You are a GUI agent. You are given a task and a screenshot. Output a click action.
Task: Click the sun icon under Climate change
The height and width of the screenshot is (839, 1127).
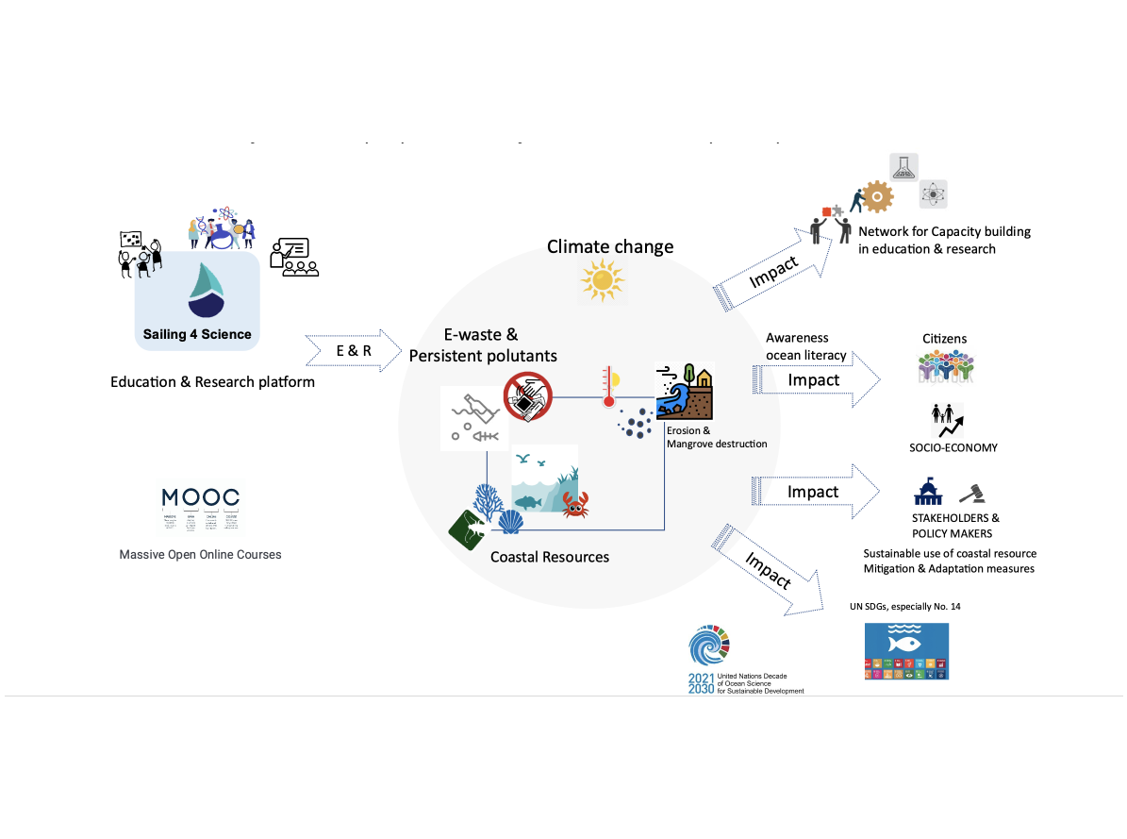point(603,280)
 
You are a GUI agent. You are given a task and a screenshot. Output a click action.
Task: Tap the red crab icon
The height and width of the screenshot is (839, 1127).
point(574,505)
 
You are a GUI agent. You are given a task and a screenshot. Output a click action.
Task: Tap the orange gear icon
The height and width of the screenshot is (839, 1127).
point(877,197)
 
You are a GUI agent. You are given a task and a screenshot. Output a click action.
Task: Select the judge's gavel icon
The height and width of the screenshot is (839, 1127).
point(971,493)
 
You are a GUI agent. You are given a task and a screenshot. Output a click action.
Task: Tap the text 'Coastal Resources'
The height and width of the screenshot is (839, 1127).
point(550,557)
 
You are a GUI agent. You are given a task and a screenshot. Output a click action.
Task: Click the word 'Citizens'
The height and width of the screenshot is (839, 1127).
point(944,339)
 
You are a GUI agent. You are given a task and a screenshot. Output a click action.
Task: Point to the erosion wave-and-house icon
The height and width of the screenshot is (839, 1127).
point(686,391)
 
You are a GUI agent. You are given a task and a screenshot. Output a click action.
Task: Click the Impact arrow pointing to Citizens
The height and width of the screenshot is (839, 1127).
point(817,380)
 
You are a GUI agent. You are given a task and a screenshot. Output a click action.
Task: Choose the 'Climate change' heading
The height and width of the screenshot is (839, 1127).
point(610,247)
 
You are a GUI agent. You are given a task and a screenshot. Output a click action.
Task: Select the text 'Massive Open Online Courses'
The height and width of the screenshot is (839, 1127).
point(200,554)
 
